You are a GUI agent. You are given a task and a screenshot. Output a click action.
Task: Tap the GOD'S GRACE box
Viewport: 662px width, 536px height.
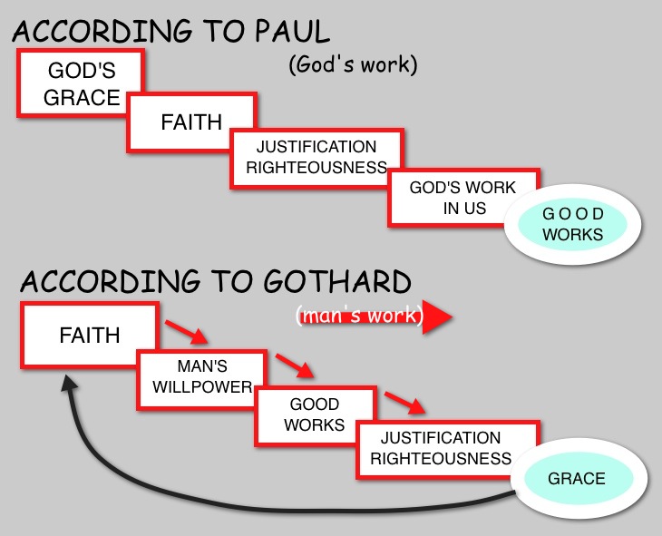[82, 84]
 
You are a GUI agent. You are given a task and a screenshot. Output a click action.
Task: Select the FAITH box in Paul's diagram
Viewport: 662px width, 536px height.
[190, 122]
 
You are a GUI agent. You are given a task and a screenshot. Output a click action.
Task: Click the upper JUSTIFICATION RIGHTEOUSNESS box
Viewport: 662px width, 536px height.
[315, 156]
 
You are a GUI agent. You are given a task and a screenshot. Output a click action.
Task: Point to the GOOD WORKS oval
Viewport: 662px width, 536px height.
[571, 224]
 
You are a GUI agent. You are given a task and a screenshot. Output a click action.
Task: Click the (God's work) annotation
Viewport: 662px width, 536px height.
[353, 65]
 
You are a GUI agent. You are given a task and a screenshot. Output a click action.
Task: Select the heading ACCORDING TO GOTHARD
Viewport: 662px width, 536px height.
[216, 281]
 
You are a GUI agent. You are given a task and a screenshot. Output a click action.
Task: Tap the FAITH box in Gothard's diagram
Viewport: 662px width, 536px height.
[89, 335]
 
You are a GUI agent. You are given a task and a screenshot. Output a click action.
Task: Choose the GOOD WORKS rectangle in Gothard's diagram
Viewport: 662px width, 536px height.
[315, 414]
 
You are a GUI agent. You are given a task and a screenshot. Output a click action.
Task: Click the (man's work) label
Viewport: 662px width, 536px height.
[358, 317]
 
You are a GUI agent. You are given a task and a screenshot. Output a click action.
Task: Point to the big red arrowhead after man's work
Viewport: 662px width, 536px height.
[437, 317]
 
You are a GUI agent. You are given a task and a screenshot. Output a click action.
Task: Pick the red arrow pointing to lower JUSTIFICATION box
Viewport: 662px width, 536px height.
[402, 401]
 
